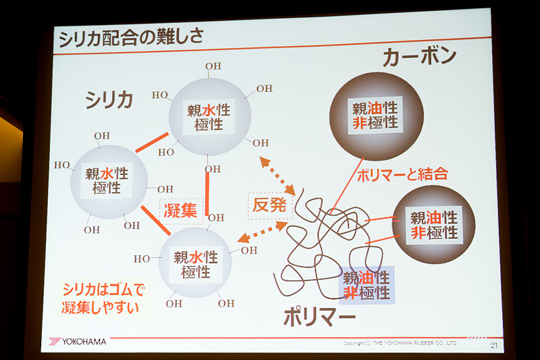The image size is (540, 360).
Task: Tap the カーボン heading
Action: click(x=418, y=57)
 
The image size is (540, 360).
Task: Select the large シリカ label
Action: click(x=109, y=99)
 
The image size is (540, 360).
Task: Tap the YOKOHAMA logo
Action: click(x=78, y=342)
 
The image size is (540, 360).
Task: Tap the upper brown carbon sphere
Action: click(x=375, y=115)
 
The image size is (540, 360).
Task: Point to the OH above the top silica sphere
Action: click(x=213, y=67)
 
